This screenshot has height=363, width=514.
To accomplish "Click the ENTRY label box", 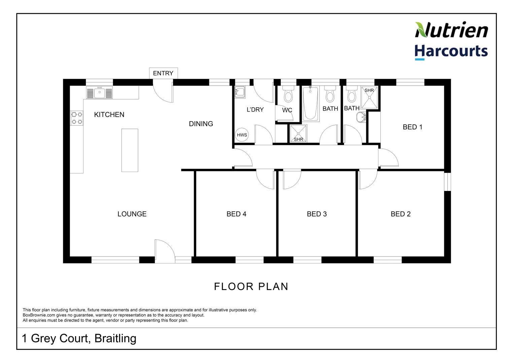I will (x=163, y=73).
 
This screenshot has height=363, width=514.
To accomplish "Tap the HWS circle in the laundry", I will (x=242, y=135).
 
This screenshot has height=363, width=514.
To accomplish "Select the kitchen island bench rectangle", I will (x=130, y=150).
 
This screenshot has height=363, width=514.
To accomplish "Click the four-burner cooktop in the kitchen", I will (x=77, y=118).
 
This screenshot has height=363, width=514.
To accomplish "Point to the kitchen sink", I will (x=99, y=92).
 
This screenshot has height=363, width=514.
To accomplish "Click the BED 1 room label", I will (x=412, y=127).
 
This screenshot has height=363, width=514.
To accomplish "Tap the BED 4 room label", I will (x=236, y=214).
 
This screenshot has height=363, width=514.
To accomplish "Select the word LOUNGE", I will (x=132, y=214).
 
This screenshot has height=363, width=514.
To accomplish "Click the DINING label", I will (x=201, y=124).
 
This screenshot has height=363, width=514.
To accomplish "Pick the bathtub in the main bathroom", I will (x=310, y=103).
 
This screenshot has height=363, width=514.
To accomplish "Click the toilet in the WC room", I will (x=288, y=94).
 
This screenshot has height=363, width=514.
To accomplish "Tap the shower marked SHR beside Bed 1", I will (x=369, y=97).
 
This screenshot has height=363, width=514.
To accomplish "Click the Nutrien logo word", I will (x=451, y=30).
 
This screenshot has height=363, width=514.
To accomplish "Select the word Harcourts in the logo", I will (x=451, y=51).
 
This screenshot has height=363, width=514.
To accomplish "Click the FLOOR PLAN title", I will (x=251, y=286).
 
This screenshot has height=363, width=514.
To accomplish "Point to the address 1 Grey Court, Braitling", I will (x=79, y=338).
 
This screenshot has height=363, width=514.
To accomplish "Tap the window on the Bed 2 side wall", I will (x=447, y=182).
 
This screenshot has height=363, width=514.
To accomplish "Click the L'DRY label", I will (x=255, y=110).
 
